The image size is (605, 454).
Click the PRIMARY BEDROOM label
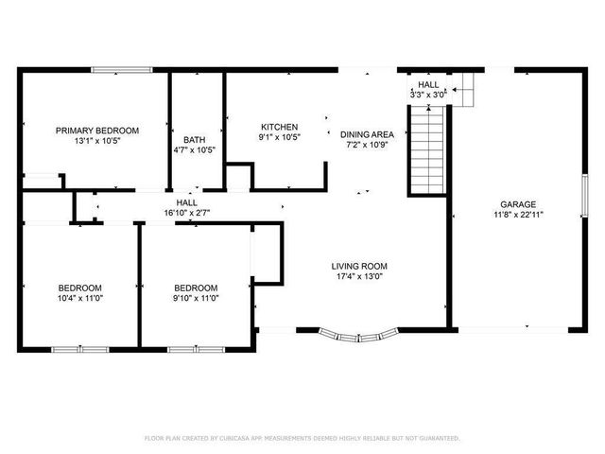point(96,131)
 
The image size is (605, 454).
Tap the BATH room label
point(195,138)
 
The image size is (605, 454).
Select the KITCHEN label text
point(280,127)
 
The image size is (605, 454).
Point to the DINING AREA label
point(367,135)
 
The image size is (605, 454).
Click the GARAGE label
point(518,204)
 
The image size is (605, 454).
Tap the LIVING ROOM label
point(359,266)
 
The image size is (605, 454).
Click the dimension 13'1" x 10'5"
point(96,141)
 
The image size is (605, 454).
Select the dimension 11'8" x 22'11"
point(518,215)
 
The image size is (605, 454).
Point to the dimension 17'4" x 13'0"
point(359,276)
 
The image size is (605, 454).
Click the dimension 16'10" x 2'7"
point(186,213)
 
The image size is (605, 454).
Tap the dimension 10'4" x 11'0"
point(79,298)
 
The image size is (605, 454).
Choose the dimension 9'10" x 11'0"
point(196,298)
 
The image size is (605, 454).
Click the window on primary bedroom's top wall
point(121,68)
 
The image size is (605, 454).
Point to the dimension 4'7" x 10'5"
point(195,149)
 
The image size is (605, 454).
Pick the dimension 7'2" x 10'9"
point(367,146)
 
